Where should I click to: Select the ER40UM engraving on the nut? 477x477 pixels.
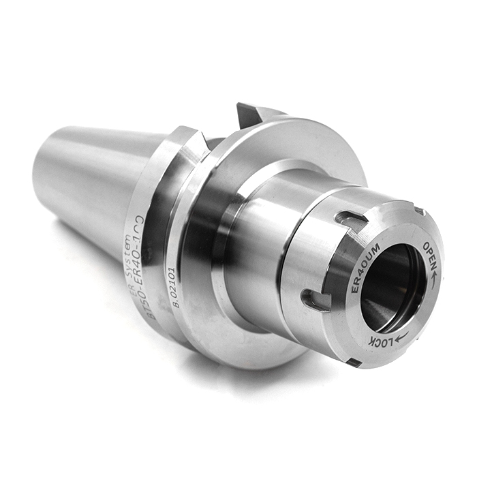(362, 269)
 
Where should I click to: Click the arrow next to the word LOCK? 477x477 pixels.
(402, 335)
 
